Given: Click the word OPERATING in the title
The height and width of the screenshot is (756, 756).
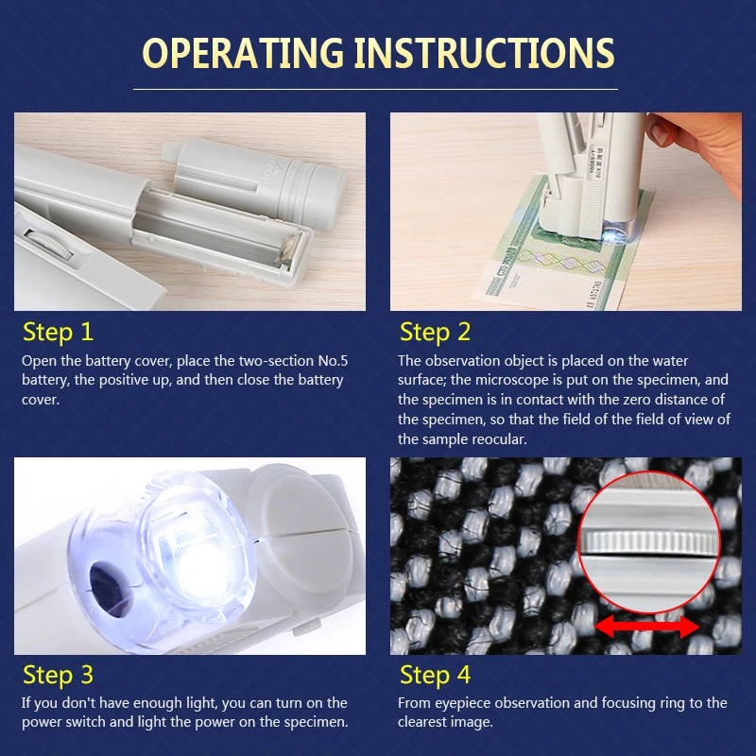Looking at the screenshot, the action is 243,53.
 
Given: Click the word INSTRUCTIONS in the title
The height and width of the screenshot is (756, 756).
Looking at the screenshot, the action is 485,53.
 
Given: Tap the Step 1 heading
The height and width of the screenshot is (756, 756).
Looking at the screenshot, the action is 58,333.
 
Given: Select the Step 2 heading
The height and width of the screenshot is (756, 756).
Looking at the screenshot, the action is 435,333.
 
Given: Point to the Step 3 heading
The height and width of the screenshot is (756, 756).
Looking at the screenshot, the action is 58,675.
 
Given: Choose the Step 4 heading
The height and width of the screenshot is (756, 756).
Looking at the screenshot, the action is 435,675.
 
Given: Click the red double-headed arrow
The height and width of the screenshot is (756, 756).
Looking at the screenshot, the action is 647,627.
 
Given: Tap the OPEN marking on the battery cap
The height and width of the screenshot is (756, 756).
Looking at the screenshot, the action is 270,170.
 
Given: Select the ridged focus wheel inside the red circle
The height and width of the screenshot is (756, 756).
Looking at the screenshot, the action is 648,542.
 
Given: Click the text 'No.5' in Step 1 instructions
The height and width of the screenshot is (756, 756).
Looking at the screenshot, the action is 333,361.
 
